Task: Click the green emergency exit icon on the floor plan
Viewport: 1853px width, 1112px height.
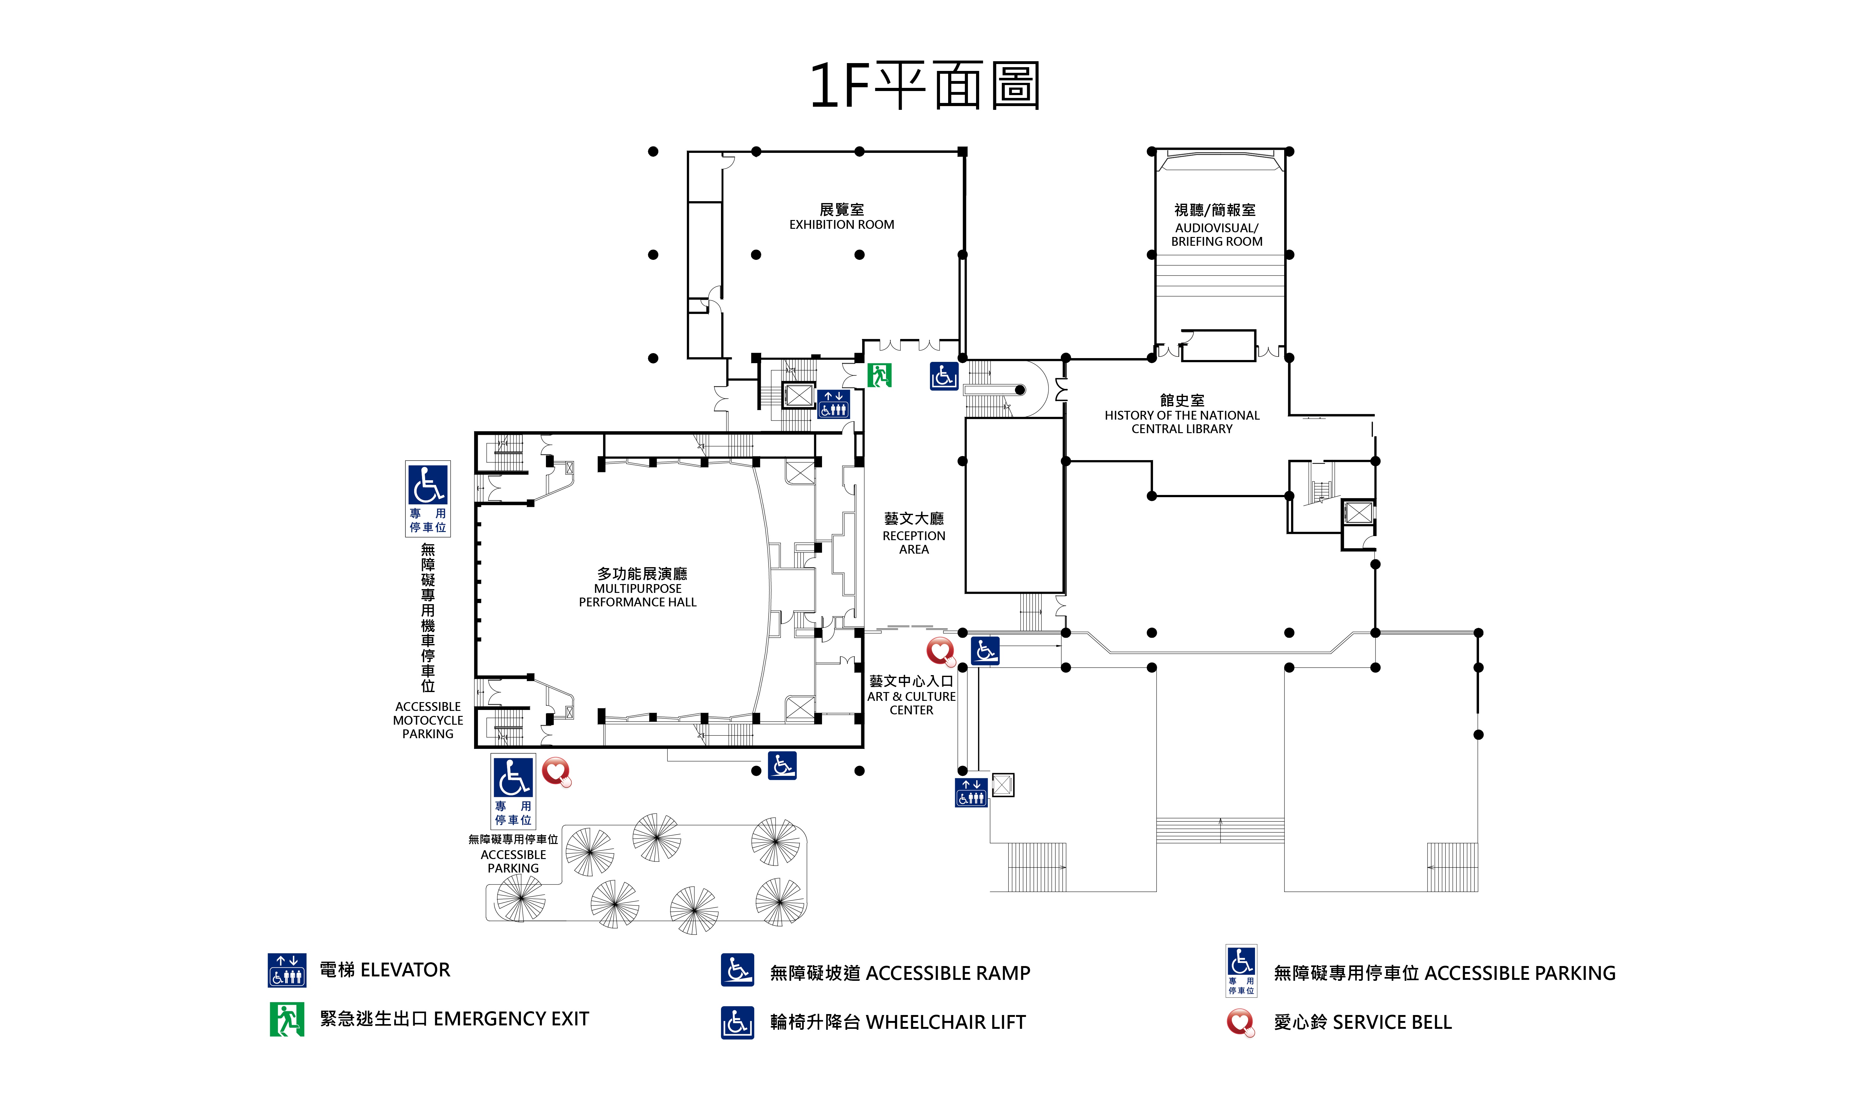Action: (x=879, y=375)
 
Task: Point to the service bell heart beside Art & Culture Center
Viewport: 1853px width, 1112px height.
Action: (x=941, y=651)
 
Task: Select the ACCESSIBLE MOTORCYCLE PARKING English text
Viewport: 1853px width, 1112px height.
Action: (x=428, y=720)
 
